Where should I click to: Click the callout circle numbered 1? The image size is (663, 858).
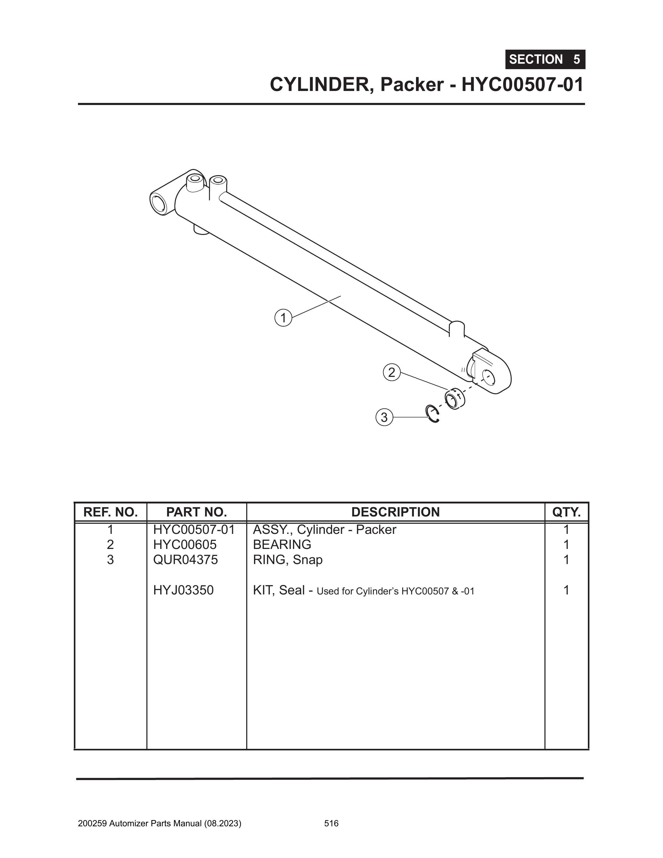pyautogui.click(x=283, y=317)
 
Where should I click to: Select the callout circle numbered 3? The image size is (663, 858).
pyautogui.click(x=384, y=417)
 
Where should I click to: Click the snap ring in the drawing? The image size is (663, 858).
pyautogui.click(x=433, y=414)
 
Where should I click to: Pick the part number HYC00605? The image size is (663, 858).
pyautogui.click(x=185, y=545)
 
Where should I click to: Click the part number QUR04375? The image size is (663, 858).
pyautogui.click(x=185, y=559)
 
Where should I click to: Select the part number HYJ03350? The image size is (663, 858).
pyautogui.click(x=184, y=590)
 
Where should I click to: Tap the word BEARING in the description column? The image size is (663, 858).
pyautogui.click(x=282, y=545)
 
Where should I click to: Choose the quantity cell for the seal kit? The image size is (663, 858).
pyautogui.click(x=566, y=590)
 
